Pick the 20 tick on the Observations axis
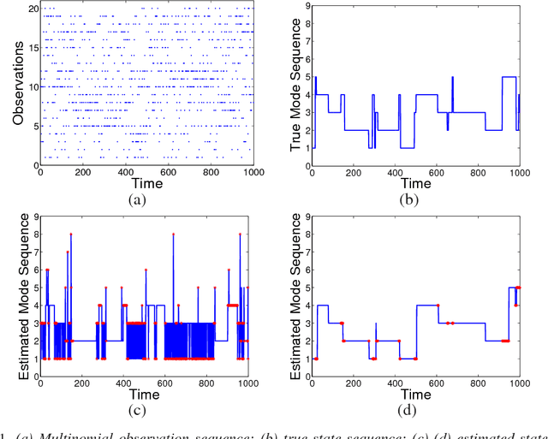point(33,7)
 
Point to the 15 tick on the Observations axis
point(33,46)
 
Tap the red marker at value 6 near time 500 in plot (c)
point(146,270)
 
